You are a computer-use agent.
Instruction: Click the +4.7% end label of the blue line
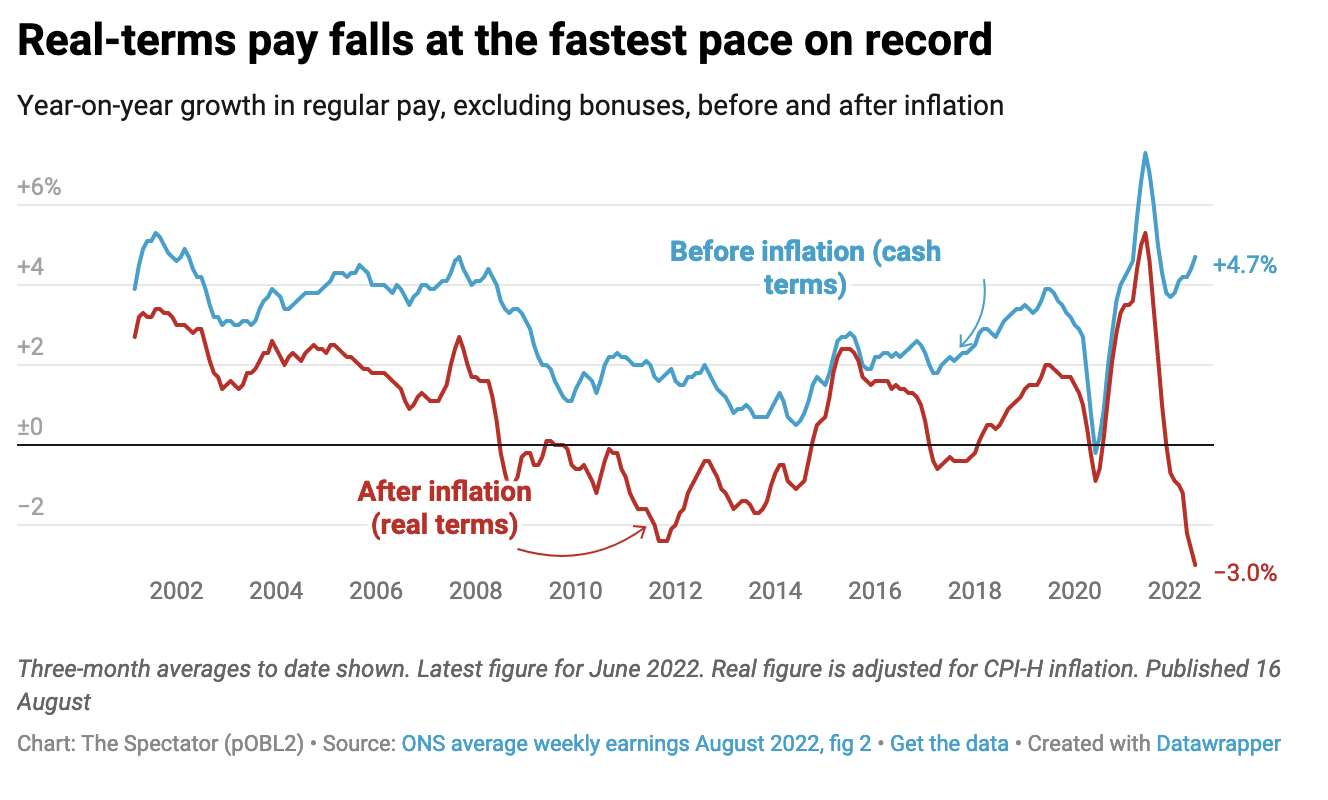[x=1244, y=265]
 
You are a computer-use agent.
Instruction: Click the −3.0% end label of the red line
[x=1245, y=573]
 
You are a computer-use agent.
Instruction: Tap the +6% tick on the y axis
[x=39, y=187]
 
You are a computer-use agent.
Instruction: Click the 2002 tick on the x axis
[x=177, y=590]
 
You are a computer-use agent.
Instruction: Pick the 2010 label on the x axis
[x=575, y=590]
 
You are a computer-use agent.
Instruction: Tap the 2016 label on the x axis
[x=875, y=590]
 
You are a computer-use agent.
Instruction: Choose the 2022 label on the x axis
[x=1173, y=590]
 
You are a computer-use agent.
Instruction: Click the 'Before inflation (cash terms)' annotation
[x=805, y=267]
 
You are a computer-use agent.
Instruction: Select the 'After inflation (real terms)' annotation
[x=445, y=508]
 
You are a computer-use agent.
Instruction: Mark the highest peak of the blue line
[x=1145, y=153]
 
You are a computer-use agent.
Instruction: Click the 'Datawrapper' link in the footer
[x=1218, y=744]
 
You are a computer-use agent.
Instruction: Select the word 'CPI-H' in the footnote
[x=1009, y=669]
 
